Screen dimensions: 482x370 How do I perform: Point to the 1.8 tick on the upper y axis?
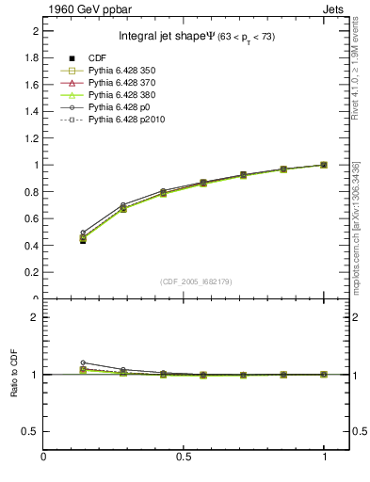tap(32, 57)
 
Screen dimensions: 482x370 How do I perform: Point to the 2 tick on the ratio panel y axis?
tap(35, 317)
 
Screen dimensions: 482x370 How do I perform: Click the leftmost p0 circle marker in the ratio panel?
tap(83, 362)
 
